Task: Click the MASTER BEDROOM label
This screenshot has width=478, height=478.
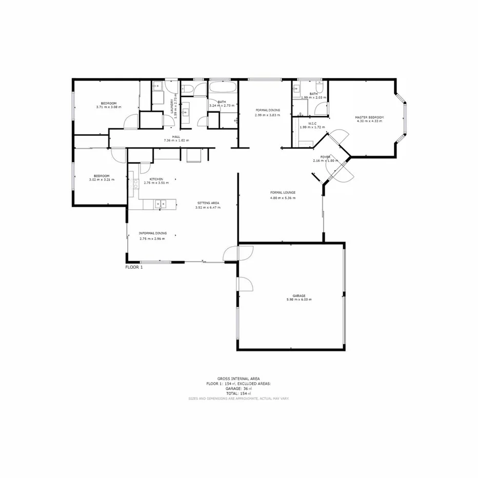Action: [x=369, y=117]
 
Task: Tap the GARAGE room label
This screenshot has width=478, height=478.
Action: [x=299, y=295]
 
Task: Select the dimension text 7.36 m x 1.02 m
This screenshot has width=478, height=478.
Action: [x=176, y=140]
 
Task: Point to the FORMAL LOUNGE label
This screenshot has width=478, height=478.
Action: [x=283, y=192]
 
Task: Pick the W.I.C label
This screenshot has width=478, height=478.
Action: [x=312, y=123]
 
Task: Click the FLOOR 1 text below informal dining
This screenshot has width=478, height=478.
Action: [x=134, y=267]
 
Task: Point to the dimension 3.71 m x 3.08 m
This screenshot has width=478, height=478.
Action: [x=108, y=107]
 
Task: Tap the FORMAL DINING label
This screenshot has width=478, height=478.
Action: [x=268, y=110]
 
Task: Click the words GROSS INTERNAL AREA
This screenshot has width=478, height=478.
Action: [x=238, y=379]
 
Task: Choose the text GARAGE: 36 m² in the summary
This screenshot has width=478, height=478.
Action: [x=238, y=388]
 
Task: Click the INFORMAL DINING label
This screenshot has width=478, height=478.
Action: [x=152, y=233]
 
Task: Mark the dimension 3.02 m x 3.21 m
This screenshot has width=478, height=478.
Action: [x=101, y=180]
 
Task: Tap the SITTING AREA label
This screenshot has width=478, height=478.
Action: [x=208, y=203]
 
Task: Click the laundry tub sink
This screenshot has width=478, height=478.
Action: [x=158, y=86]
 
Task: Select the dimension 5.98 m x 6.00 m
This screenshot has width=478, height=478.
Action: [x=299, y=300]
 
